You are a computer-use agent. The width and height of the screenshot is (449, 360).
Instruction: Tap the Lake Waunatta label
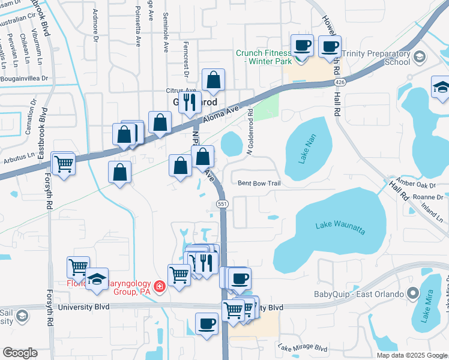pyautogui.click(x=340, y=227)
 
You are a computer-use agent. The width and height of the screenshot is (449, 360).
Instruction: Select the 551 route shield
pyautogui.click(x=222, y=205)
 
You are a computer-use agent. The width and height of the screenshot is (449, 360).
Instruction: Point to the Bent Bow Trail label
pyautogui.click(x=259, y=183)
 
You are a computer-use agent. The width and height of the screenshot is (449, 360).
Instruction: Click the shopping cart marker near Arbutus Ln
pyautogui.click(x=63, y=163)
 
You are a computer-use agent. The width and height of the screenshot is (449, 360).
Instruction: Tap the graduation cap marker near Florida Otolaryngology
pyautogui.click(x=97, y=280)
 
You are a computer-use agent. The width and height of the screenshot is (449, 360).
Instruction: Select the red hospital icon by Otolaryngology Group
pyautogui.click(x=160, y=287)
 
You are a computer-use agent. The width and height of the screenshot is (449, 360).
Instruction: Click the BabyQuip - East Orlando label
pyautogui.click(x=357, y=294)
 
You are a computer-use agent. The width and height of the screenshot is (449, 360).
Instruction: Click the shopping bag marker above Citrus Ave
pyautogui.click(x=212, y=80)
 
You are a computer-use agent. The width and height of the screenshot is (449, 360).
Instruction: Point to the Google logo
pyautogui.click(x=20, y=353)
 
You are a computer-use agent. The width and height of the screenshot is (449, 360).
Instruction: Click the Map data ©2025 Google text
pyautogui.click(x=412, y=355)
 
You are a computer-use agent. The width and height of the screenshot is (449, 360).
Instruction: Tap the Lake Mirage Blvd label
pyautogui.click(x=303, y=347)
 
